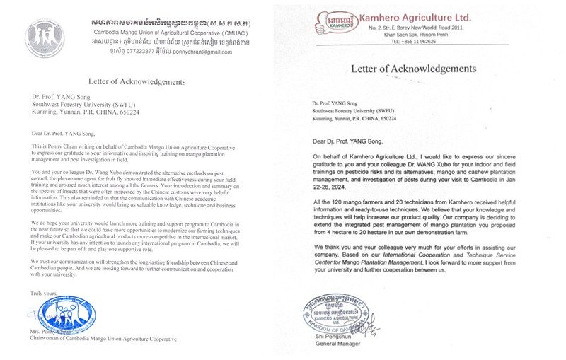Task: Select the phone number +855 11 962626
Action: [x=414, y=42]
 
